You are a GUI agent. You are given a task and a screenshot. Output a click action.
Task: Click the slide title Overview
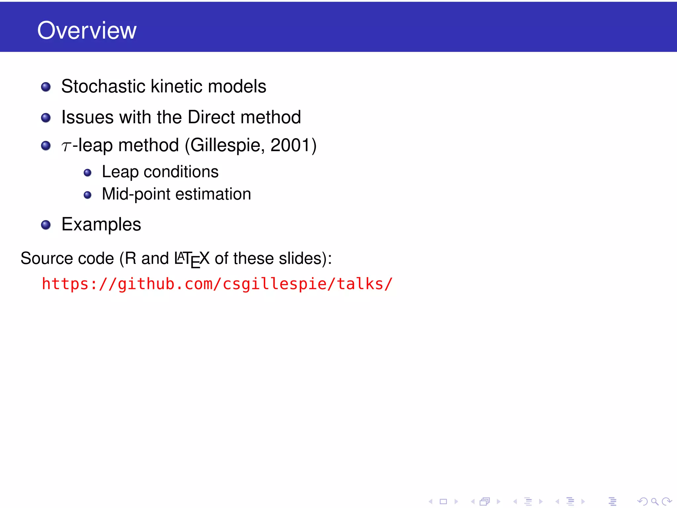(x=87, y=30)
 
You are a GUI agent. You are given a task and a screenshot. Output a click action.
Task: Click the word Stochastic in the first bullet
(x=103, y=86)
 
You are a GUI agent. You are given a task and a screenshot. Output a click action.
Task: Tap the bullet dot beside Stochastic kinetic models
(x=46, y=87)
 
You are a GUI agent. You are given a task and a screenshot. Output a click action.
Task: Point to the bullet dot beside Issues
(x=46, y=118)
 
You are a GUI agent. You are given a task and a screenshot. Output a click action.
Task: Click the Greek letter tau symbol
(x=66, y=146)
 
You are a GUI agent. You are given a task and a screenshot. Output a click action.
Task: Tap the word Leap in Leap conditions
(x=120, y=172)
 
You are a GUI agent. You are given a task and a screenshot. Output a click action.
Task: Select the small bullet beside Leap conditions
(x=88, y=173)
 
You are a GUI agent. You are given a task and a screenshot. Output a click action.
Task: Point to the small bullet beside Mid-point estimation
(x=88, y=195)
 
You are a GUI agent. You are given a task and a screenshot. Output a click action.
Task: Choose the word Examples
(x=101, y=225)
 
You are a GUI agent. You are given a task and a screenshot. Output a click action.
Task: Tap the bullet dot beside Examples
(x=46, y=225)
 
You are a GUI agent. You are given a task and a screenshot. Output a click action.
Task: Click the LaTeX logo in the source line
(x=192, y=259)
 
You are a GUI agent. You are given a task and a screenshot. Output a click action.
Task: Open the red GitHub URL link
(x=217, y=284)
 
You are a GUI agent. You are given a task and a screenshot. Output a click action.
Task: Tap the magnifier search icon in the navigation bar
(x=655, y=501)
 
